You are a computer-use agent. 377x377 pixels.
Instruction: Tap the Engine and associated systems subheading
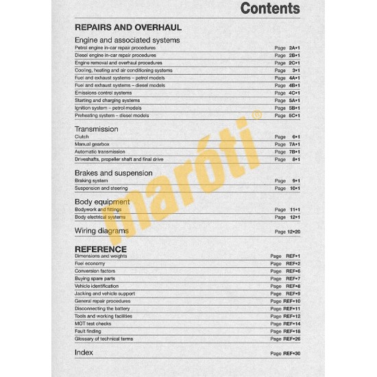(x=127, y=40)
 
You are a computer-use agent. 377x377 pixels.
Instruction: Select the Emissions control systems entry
(x=103, y=93)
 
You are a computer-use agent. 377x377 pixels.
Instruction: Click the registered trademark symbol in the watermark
(x=256, y=117)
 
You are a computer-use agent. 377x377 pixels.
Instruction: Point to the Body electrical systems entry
(x=100, y=217)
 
